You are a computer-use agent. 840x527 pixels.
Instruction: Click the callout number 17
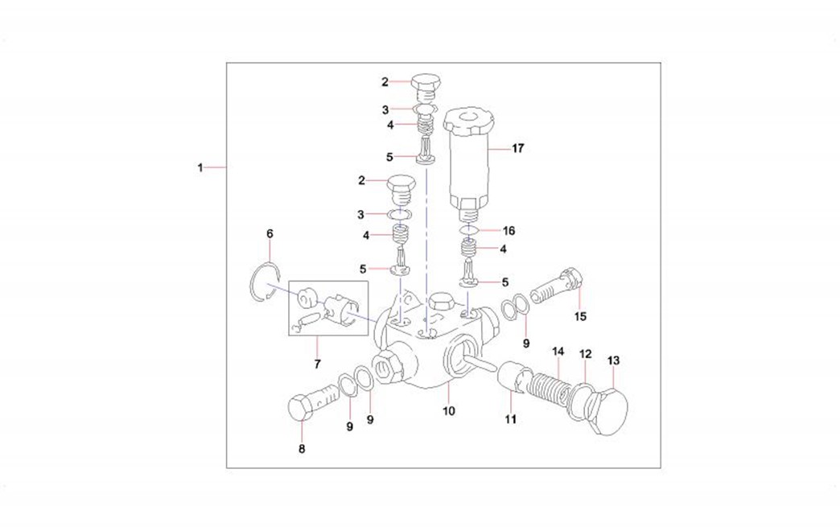pyautogui.click(x=517, y=148)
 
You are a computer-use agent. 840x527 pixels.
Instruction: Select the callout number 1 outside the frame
pyautogui.click(x=200, y=167)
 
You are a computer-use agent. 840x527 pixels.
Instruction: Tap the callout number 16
pyautogui.click(x=509, y=231)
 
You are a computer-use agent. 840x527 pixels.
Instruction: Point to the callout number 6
pyautogui.click(x=270, y=233)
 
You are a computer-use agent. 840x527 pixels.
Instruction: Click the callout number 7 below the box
pyautogui.click(x=317, y=364)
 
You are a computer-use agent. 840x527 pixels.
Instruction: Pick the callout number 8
pyautogui.click(x=302, y=449)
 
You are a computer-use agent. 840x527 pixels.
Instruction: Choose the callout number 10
pyautogui.click(x=448, y=411)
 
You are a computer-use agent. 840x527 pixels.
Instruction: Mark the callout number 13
pyautogui.click(x=613, y=360)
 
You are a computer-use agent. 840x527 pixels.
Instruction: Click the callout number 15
pyautogui.click(x=580, y=316)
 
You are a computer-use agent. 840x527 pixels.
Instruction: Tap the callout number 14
pyautogui.click(x=558, y=352)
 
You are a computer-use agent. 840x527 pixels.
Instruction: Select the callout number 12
pyautogui.click(x=586, y=354)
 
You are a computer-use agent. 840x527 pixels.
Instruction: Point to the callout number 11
pyautogui.click(x=511, y=419)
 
